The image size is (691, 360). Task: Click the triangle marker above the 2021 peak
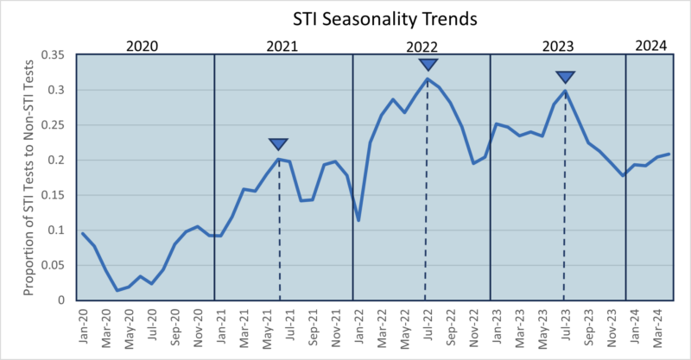point(278,144)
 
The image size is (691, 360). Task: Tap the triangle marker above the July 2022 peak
point(428,65)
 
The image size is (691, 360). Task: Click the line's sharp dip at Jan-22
point(358,220)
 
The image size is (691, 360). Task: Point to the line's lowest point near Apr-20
point(117,290)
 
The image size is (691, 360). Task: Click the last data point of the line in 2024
point(669,155)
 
